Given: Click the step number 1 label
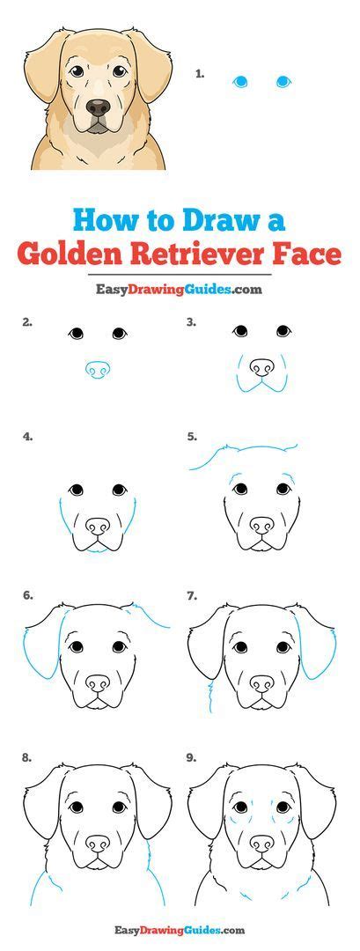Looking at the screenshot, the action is click(x=200, y=74).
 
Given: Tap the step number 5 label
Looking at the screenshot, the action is click(x=192, y=436).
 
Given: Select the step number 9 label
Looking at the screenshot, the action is click(x=192, y=757).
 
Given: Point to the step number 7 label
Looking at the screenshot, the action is click(x=192, y=596).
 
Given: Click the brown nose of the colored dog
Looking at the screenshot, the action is click(x=99, y=108).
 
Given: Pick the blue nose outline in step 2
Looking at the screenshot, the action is click(x=97, y=370).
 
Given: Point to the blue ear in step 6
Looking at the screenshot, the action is click(x=42, y=643).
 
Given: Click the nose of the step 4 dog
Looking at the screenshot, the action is click(x=98, y=526).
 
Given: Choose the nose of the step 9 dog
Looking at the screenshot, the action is click(x=261, y=844).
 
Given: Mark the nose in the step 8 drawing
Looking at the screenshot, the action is click(x=98, y=844).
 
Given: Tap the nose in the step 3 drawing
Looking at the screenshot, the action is click(x=261, y=366).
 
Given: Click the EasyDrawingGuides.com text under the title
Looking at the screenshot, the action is click(x=180, y=290).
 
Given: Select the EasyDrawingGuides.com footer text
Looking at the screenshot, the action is click(x=180, y=930).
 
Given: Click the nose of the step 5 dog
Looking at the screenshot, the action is click(x=261, y=525).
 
